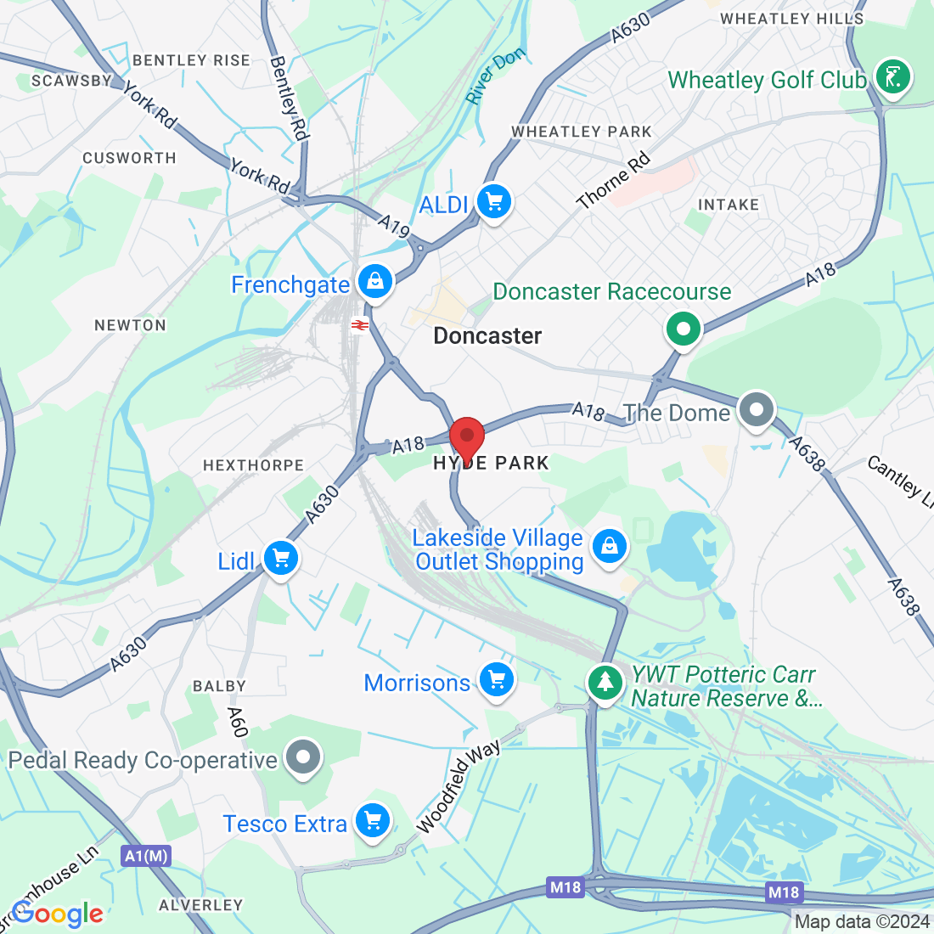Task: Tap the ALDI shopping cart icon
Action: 494,202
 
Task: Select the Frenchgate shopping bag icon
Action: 374,282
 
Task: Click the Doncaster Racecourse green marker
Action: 684,328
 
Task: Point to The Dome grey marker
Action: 756,411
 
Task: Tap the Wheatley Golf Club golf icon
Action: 892,77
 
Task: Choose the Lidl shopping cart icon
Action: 280,559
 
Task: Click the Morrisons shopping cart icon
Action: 497,679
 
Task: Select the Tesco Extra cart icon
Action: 372,821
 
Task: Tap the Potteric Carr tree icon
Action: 605,681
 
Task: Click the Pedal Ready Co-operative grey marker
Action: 302,757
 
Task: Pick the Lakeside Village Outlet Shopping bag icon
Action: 609,546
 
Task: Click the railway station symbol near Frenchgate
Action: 360,324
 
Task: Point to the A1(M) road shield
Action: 145,856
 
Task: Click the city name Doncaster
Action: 487,336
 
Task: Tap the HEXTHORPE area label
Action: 253,465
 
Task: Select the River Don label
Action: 496,76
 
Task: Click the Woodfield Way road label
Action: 458,786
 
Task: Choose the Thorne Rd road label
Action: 613,180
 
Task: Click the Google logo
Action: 58,914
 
